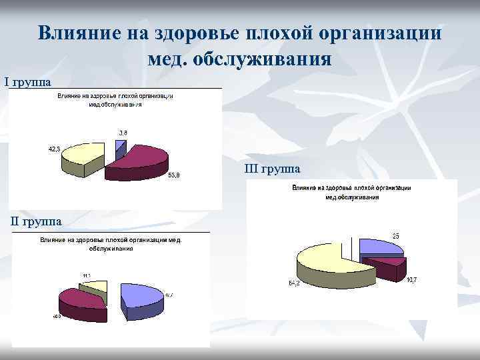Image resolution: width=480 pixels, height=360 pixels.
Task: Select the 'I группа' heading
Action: [x=27, y=82]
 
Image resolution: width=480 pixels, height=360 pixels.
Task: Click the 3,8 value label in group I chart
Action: [x=122, y=133]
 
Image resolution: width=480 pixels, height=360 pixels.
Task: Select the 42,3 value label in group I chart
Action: [x=55, y=149]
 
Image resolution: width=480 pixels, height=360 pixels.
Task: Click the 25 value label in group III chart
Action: [x=395, y=236]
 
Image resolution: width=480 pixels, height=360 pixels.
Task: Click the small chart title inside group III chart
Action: [x=352, y=193]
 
